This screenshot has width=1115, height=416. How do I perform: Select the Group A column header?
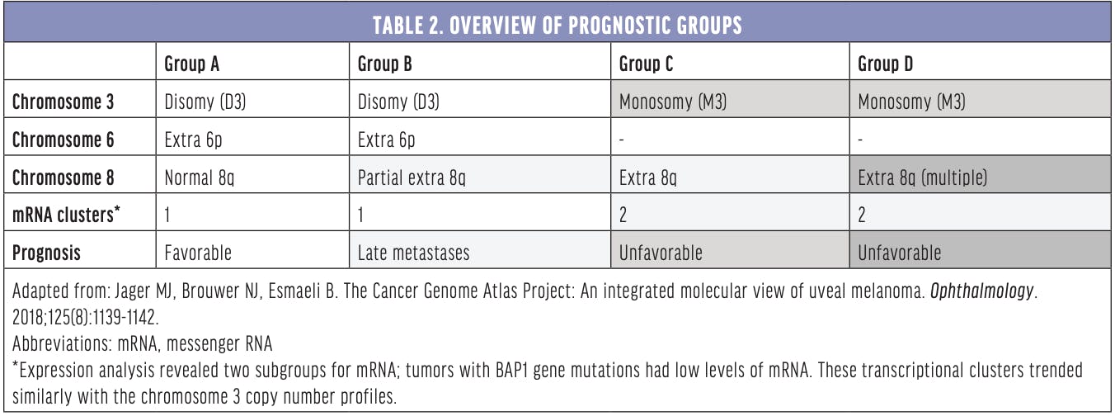pyautogui.click(x=191, y=64)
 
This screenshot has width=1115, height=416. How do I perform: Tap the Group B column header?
pyautogui.click(x=385, y=64)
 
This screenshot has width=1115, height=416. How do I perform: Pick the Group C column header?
pyautogui.click(x=646, y=64)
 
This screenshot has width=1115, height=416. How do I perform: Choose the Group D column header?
pyautogui.click(x=885, y=64)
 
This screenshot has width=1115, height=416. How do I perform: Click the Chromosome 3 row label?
pyautogui.click(x=64, y=102)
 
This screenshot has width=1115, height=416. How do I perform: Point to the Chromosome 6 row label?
pyautogui.click(x=64, y=139)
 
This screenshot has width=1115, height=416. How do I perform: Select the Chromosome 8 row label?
pyautogui.click(x=64, y=177)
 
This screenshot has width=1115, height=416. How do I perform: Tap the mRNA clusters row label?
pyautogui.click(x=66, y=215)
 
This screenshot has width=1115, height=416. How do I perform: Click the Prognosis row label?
pyautogui.click(x=46, y=253)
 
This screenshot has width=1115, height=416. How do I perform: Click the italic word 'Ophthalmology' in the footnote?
pyautogui.click(x=981, y=291)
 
